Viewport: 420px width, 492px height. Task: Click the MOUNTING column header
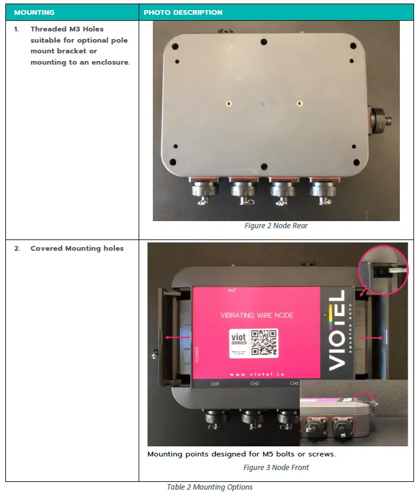click(34, 12)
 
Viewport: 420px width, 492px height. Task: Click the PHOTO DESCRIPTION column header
click(183, 12)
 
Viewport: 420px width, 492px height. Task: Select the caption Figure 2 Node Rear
click(276, 226)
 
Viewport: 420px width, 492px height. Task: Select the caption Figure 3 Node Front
click(276, 468)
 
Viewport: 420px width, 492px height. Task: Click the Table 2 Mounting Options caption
click(210, 487)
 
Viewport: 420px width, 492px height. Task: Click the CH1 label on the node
click(216, 384)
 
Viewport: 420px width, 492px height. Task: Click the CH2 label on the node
click(255, 384)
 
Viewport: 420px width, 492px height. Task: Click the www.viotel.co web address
click(255, 374)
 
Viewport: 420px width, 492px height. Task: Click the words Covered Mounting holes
click(77, 248)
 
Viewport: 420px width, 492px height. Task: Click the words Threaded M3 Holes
click(67, 29)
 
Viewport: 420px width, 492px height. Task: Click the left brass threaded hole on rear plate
click(228, 103)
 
